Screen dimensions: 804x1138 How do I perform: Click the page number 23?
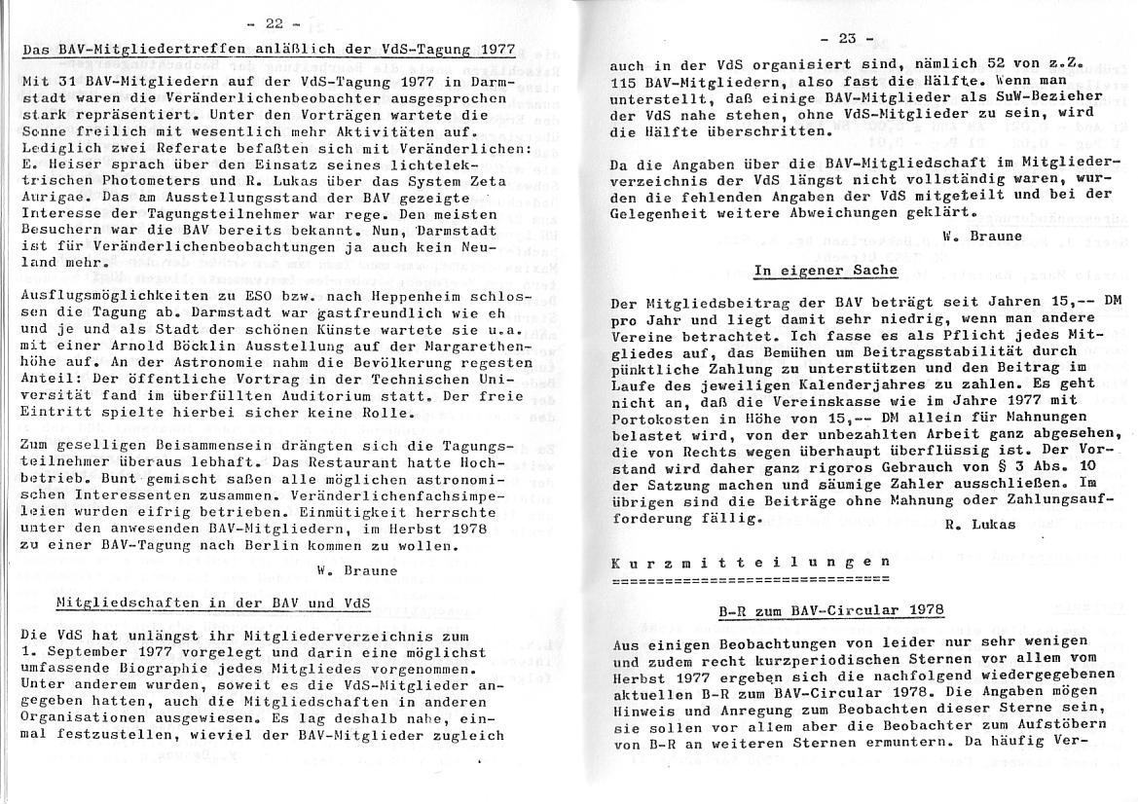click(x=839, y=39)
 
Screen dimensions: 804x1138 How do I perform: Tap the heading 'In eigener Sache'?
click(x=826, y=270)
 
